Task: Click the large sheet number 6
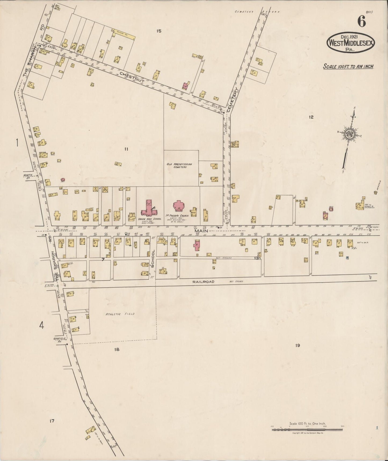[361, 22]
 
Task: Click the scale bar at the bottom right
[307, 430]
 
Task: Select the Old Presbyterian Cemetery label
[181, 165]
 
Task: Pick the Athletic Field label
[120, 314]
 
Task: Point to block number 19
[297, 346]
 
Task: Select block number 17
[52, 421]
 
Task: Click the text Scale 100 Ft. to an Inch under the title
[348, 66]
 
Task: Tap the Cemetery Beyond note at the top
[257, 12]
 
